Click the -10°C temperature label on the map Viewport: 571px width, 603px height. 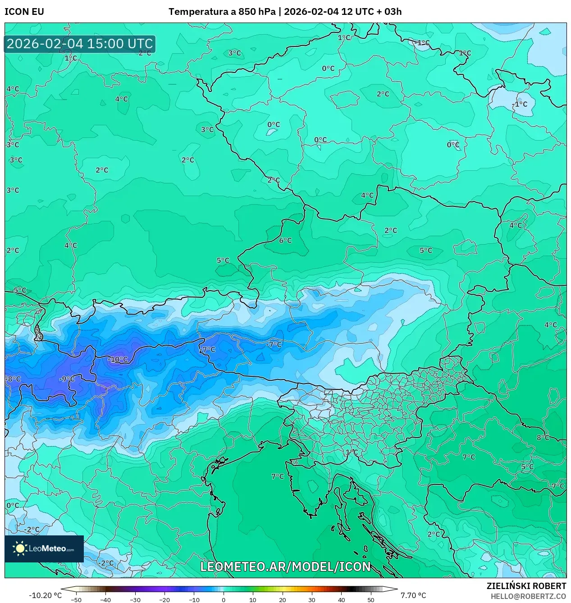pyautogui.click(x=118, y=360)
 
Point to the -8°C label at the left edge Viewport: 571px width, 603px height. pyautogui.click(x=13, y=379)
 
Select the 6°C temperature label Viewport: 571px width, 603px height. pyautogui.click(x=285, y=241)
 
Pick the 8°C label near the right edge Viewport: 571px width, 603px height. pyautogui.click(x=543, y=438)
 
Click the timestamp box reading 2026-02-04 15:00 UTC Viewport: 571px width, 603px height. pyautogui.click(x=80, y=44)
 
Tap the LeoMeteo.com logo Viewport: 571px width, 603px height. pyautogui.click(x=44, y=548)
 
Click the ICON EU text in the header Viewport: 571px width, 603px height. pyautogui.click(x=24, y=12)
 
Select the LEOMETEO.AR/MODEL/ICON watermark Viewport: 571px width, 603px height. pyautogui.click(x=285, y=566)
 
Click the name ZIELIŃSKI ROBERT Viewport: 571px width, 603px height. pyautogui.click(x=526, y=586)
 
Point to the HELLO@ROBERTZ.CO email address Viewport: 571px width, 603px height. pyautogui.click(x=528, y=596)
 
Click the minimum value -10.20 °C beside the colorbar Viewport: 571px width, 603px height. pyautogui.click(x=45, y=595)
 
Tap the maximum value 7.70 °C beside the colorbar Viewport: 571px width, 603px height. pyautogui.click(x=413, y=595)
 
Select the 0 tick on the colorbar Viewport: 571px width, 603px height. pyautogui.click(x=223, y=600)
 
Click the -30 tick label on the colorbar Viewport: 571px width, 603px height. pyautogui.click(x=135, y=600)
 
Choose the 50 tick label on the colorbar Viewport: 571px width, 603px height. pyautogui.click(x=370, y=600)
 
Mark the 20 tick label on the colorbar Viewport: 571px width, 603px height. pyautogui.click(x=282, y=600)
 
